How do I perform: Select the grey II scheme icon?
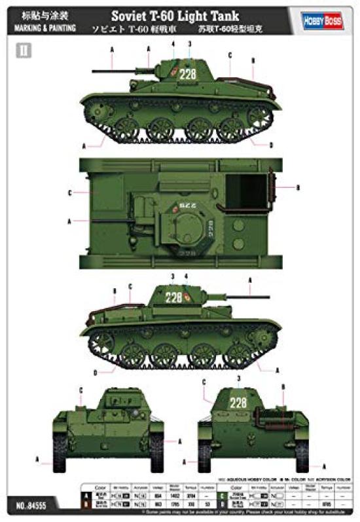tap(24, 50)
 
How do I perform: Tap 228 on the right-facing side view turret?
tap(173, 297)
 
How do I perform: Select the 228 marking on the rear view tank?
tap(238, 402)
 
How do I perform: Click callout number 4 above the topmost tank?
tap(173, 44)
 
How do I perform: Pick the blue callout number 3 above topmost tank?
tap(190, 44)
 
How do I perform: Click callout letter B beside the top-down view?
tap(298, 188)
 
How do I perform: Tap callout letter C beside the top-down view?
tap(69, 193)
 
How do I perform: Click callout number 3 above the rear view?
tap(240, 378)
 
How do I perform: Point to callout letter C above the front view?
tap(81, 390)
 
